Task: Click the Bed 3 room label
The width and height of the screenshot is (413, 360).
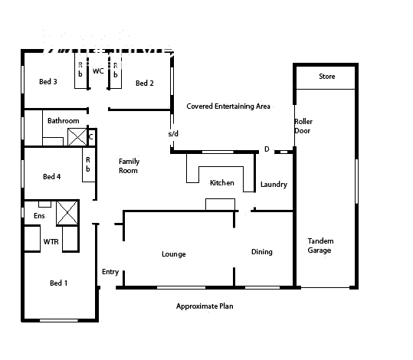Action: click(x=48, y=82)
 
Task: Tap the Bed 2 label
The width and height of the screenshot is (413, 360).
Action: click(x=145, y=83)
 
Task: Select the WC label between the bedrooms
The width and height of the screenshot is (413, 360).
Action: click(x=98, y=71)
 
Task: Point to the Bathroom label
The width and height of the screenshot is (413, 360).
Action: click(x=63, y=121)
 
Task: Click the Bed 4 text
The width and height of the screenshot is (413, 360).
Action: click(x=51, y=177)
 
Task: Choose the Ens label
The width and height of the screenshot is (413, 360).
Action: click(x=39, y=217)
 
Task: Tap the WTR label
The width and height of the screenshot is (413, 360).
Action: click(x=51, y=241)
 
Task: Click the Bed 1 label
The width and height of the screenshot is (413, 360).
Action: click(x=58, y=283)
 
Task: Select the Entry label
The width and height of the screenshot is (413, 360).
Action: click(x=110, y=272)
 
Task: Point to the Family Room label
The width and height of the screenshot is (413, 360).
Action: click(x=128, y=166)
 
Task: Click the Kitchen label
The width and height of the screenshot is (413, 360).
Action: click(x=222, y=183)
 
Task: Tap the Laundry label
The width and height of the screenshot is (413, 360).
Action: click(x=274, y=185)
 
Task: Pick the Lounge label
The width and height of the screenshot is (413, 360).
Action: click(x=174, y=254)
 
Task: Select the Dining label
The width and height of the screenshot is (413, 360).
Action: click(x=262, y=252)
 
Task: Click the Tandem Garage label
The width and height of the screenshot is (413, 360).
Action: click(x=320, y=246)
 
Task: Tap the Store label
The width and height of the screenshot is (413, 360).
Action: click(x=327, y=77)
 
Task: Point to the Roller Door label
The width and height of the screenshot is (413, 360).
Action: click(x=303, y=126)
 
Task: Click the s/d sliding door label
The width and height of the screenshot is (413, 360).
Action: click(x=173, y=134)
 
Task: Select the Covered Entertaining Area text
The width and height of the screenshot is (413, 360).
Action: click(x=228, y=106)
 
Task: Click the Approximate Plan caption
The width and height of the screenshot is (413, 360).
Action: click(x=205, y=306)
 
